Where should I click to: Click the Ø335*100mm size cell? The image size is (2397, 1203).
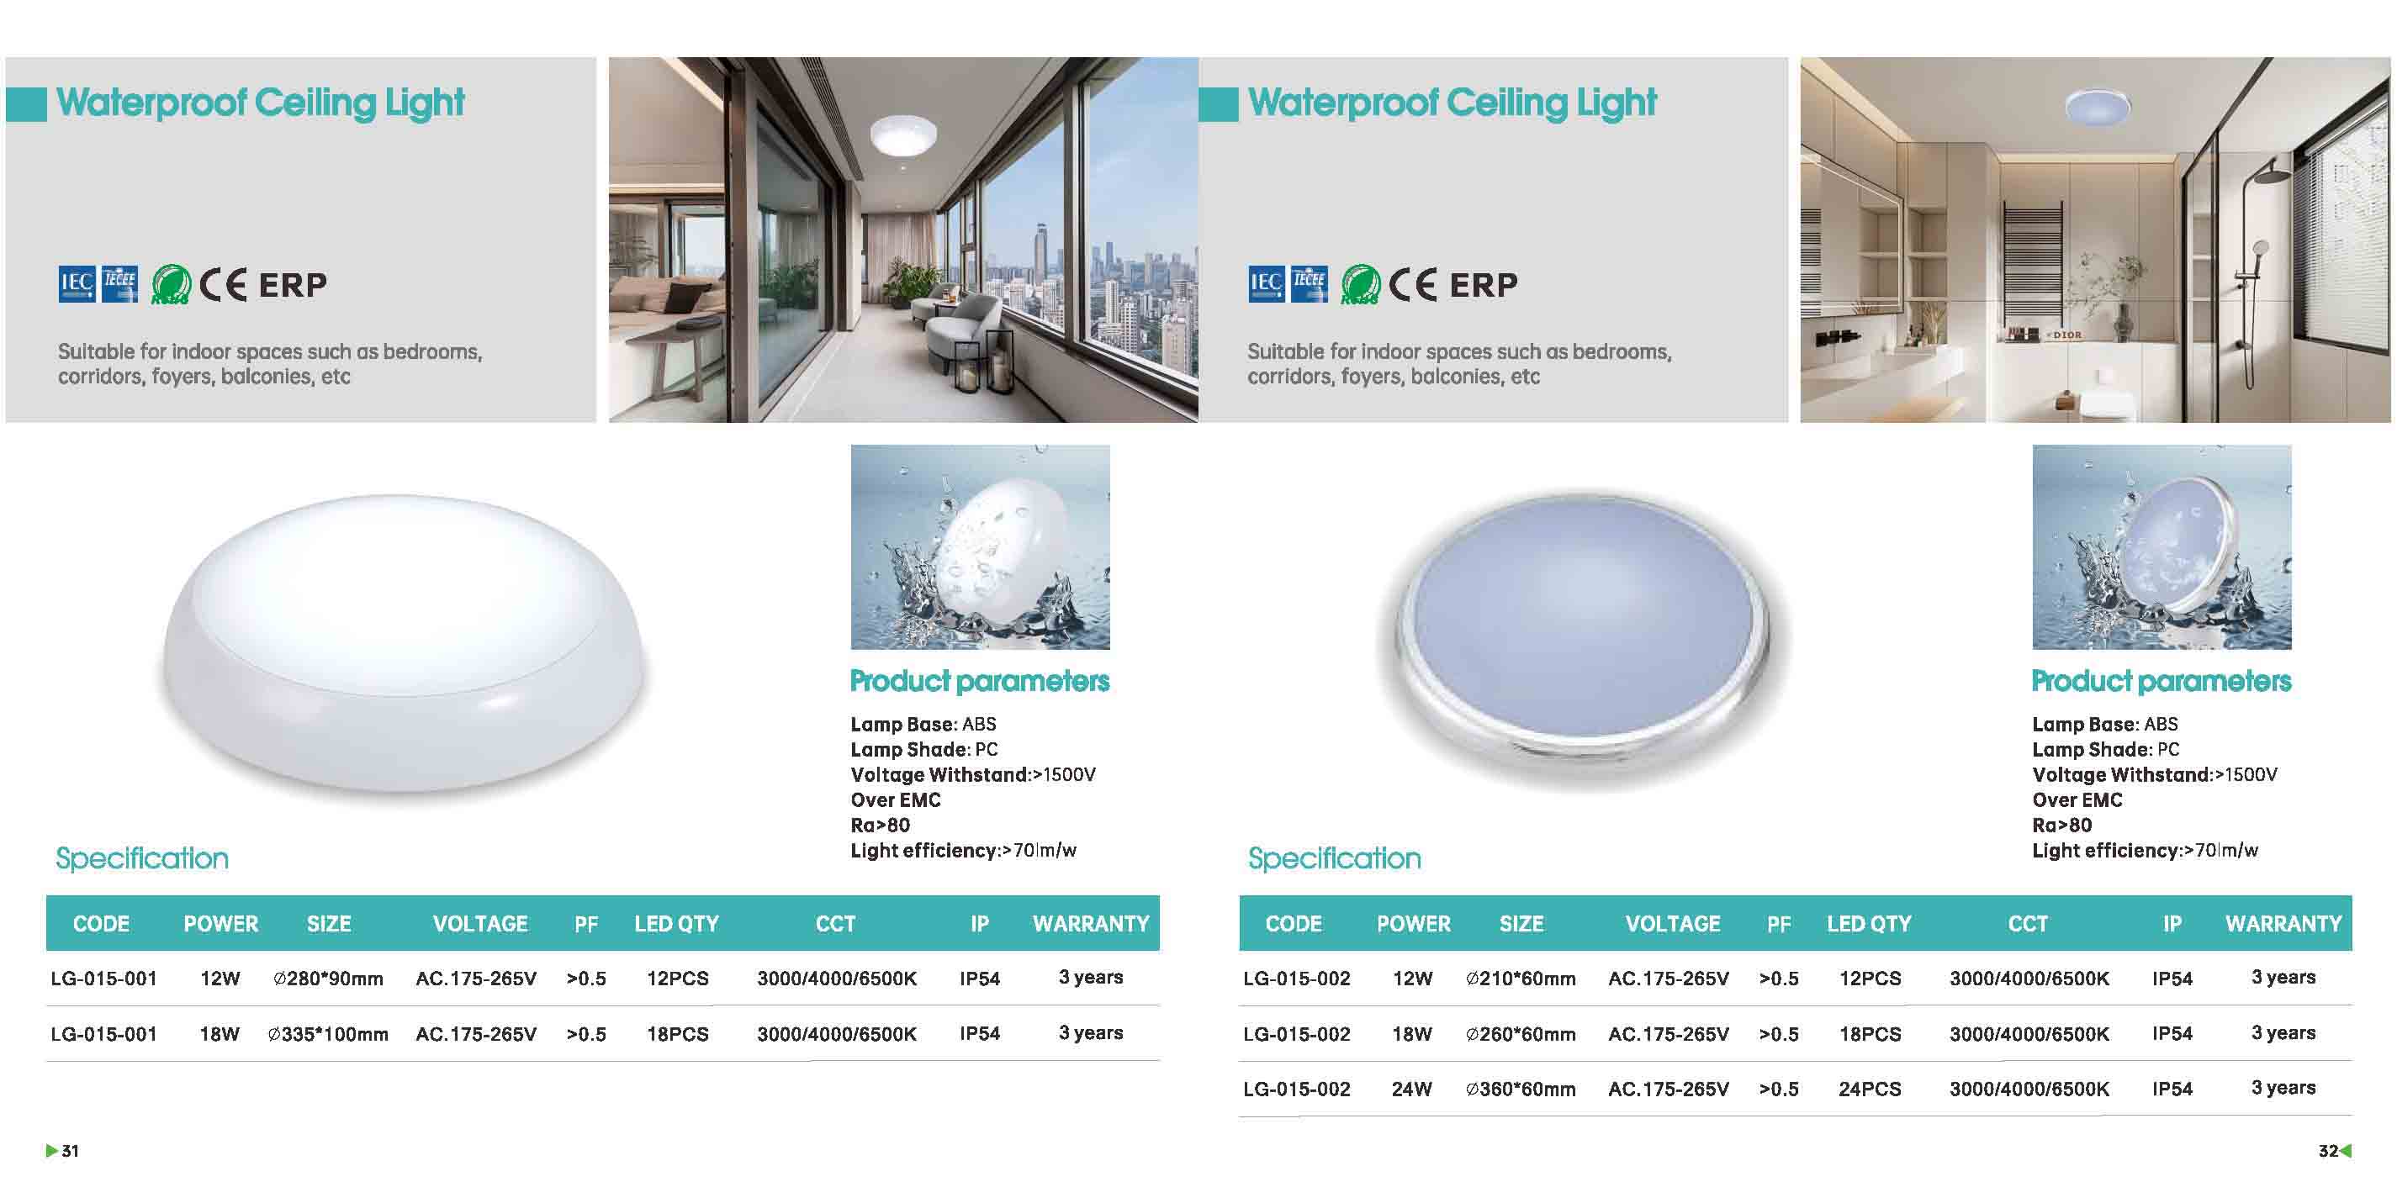point(327,1034)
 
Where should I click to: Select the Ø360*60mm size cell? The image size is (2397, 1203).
point(1521,1089)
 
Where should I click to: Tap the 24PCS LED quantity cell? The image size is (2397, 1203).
point(1870,1089)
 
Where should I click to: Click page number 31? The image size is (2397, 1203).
point(71,1151)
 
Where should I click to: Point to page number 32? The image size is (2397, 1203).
point(2328,1151)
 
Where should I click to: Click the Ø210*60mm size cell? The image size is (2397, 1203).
point(1521,979)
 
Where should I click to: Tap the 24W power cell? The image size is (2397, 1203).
point(1411,1089)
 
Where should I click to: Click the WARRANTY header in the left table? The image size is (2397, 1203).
point(1091,924)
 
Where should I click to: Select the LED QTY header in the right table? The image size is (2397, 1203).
point(1869,924)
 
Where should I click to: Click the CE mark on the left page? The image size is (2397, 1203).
point(224,285)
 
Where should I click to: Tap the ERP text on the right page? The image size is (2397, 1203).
point(1484,285)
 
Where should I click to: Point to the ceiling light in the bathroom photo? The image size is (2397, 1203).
point(2098,107)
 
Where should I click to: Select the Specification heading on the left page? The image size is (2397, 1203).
point(142,857)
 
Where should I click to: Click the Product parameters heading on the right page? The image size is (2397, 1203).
point(2161,681)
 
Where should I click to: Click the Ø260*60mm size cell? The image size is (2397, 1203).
point(1521,1034)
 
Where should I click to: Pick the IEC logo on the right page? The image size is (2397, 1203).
point(1266,284)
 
